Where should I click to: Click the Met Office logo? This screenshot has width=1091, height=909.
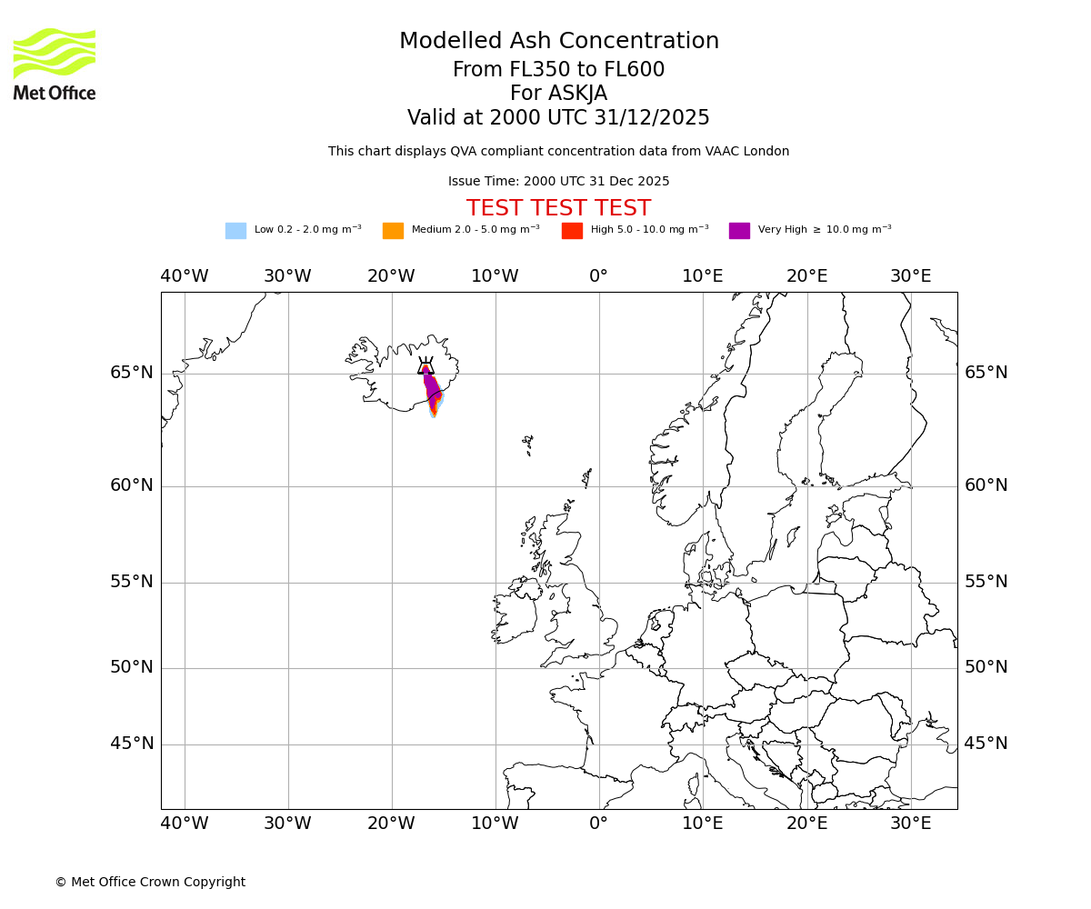point(55,64)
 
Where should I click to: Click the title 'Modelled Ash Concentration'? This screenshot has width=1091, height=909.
point(559,42)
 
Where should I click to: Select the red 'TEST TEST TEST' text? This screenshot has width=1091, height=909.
point(558,209)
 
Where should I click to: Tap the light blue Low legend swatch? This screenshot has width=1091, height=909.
point(235,231)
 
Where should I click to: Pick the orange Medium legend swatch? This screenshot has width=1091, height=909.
point(393,231)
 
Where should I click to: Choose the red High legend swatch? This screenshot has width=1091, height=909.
point(572,231)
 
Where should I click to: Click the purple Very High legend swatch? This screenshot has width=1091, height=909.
point(739,231)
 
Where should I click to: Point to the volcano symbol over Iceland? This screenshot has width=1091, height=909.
point(425,366)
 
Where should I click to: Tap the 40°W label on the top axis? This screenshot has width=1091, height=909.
point(185,276)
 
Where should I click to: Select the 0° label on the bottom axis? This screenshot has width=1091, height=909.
point(598,824)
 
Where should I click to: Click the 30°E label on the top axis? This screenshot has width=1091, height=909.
point(910,276)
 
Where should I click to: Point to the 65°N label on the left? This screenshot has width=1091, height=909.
point(132,373)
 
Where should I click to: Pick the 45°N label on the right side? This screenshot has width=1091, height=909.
point(986,744)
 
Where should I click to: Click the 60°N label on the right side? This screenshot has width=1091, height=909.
point(986,485)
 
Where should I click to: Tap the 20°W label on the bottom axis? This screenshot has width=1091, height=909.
point(391,824)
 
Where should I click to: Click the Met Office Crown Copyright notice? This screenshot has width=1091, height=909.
point(150,883)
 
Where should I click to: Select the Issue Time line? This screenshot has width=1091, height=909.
point(558,182)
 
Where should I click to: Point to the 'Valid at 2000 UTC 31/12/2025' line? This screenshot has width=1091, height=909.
point(558,118)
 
